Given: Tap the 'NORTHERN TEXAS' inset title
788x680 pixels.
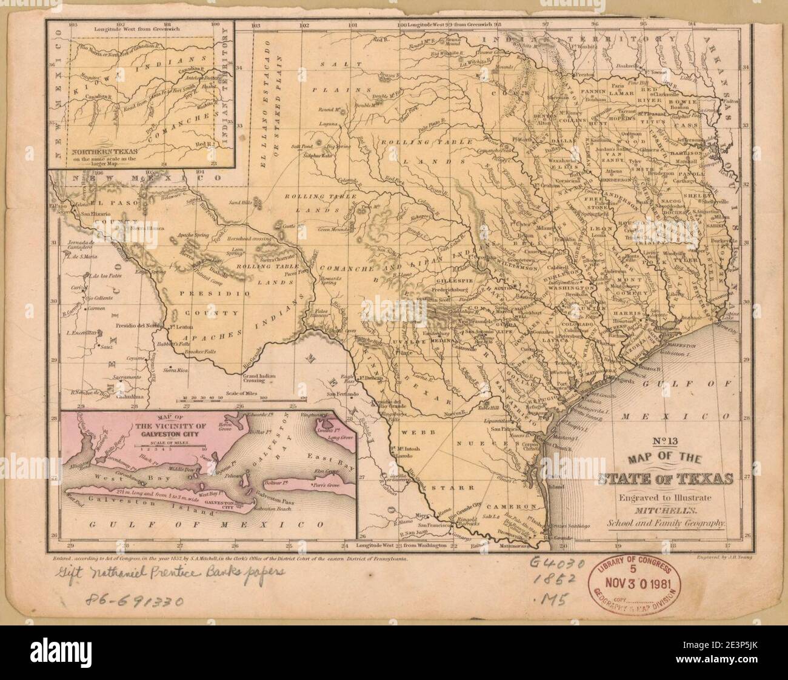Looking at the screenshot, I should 103,152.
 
